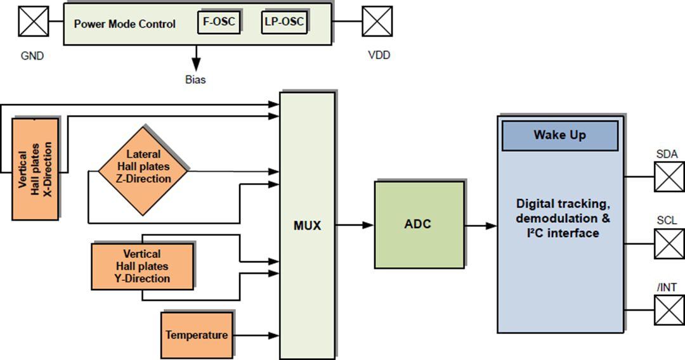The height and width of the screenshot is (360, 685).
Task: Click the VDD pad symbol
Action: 377,22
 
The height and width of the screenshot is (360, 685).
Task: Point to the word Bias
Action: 195,80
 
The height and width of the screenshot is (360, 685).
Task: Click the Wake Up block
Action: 559,136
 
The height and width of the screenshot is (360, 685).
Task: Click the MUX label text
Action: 308,225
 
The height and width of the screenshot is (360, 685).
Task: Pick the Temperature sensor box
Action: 197,335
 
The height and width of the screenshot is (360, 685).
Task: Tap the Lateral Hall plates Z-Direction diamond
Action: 143,170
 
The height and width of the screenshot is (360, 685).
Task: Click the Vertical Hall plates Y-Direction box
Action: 142,266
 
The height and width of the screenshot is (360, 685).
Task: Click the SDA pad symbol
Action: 669,176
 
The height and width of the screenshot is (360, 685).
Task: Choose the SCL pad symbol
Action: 669,243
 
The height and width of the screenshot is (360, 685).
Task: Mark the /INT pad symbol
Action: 669,310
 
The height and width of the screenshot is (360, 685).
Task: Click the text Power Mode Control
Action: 124,24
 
